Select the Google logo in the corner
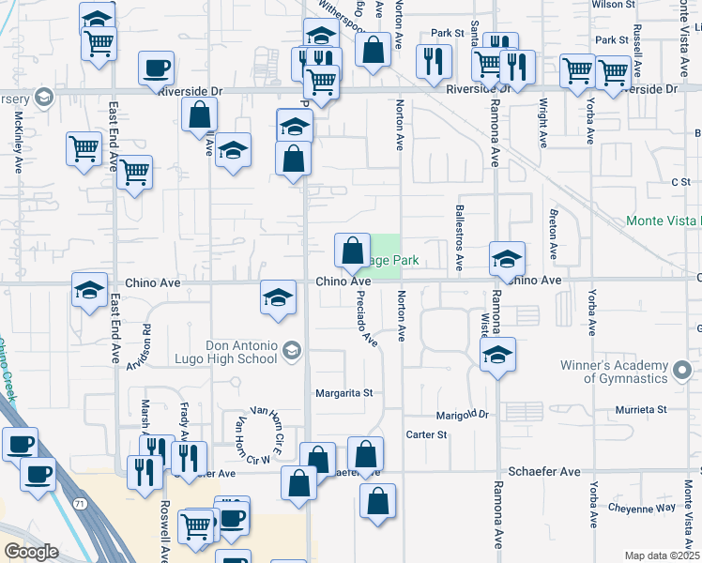pyautogui.click(x=32, y=552)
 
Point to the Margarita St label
pyautogui.click(x=344, y=393)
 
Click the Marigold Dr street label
pyautogui.click(x=464, y=414)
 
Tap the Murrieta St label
pyautogui.click(x=641, y=410)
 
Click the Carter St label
pyautogui.click(x=426, y=435)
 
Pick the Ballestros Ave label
pyautogui.click(x=459, y=238)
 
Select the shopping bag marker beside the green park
pyautogui.click(x=352, y=251)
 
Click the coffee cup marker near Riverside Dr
pyautogui.click(x=156, y=68)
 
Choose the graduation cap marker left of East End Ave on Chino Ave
pyautogui.click(x=89, y=290)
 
